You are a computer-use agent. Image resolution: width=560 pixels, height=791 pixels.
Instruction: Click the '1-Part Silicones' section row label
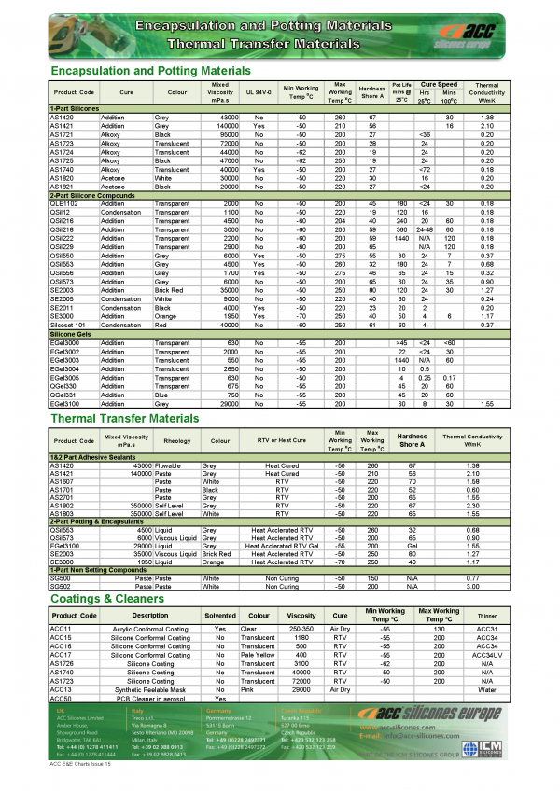point(75,109)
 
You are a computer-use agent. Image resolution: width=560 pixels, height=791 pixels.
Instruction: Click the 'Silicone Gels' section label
point(70,333)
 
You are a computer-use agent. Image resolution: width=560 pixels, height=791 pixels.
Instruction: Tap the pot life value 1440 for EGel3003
point(402,359)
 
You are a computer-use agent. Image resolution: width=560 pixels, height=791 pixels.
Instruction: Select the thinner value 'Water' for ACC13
point(487,688)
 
